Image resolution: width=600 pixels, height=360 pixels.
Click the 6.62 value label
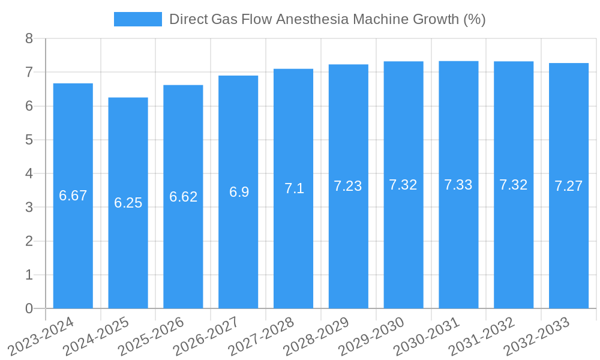[x=183, y=197]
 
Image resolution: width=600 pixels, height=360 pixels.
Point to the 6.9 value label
[x=238, y=192]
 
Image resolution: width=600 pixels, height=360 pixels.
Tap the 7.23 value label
[x=348, y=186]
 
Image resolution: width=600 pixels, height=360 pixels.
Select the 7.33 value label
[x=458, y=185]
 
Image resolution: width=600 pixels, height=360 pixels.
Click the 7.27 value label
[x=568, y=186]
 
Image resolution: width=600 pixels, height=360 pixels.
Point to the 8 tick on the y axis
[x=29, y=39]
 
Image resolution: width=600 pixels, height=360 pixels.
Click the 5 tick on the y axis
[x=29, y=140]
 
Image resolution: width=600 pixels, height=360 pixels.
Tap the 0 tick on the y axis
[x=29, y=308]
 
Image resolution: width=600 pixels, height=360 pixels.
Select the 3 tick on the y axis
[x=29, y=208]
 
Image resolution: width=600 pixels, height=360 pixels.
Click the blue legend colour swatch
[x=138, y=19]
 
